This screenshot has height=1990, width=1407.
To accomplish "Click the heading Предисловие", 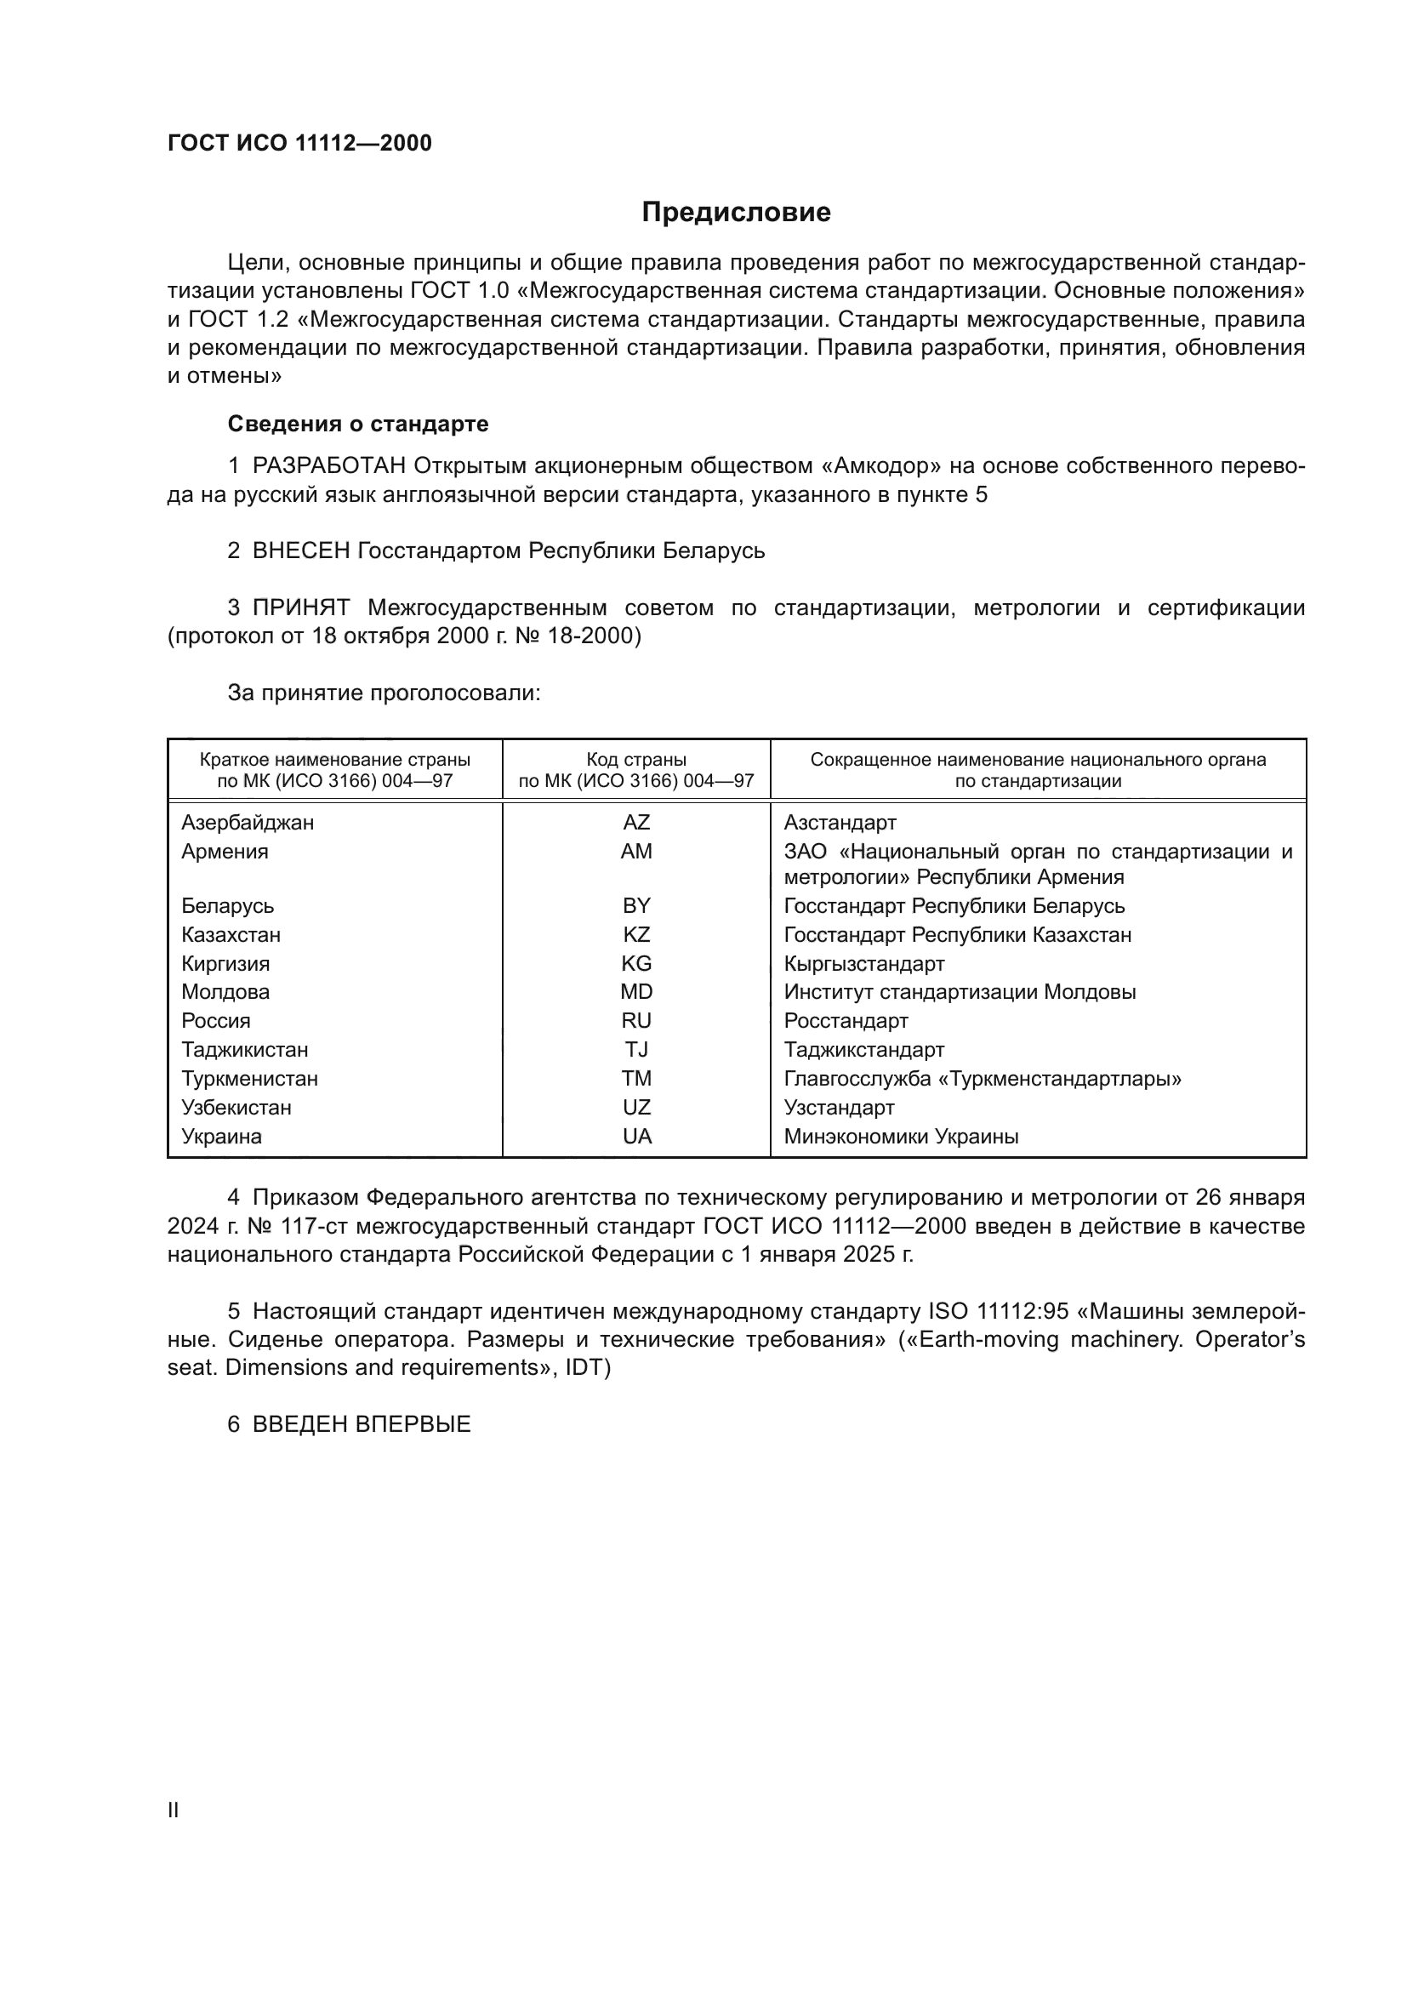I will pos(736,213).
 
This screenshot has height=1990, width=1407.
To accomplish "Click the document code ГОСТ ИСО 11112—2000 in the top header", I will pos(299,143).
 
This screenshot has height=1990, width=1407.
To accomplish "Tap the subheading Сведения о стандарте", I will pos(358,424).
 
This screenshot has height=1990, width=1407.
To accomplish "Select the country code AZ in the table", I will pos(636,823).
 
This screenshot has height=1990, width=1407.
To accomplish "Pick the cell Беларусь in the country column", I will pos(227,906).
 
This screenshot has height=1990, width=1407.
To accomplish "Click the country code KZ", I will pos(636,935).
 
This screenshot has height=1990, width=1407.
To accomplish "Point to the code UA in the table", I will pos(636,1137).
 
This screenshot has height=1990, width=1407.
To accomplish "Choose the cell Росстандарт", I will pos(846,1021).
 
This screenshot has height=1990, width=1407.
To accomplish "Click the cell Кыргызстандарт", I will pos(863,964).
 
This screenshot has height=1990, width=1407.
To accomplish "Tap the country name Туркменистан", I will pos(249,1079).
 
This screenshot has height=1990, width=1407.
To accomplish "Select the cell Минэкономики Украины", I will pos(901,1137).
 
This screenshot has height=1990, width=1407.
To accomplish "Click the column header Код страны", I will pos(636,760).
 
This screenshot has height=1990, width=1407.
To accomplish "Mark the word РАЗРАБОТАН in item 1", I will pos(329,466).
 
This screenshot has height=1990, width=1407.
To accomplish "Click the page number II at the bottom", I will pos(174,1810).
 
